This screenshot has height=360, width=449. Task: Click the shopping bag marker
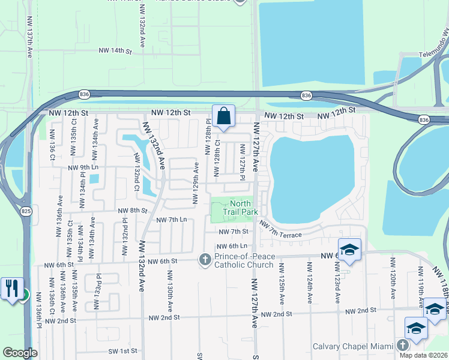(x=223, y=116)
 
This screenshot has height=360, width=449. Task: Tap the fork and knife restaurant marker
(x=10, y=287)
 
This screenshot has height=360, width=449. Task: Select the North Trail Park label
(x=240, y=208)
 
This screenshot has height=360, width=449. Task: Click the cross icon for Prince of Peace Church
(x=204, y=259)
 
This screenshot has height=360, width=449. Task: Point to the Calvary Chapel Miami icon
(x=402, y=345)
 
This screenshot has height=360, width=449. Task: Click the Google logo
(x=20, y=353)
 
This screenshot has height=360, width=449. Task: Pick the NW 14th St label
(x=115, y=52)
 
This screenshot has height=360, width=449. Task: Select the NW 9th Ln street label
(x=83, y=168)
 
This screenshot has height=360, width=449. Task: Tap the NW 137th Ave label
(x=29, y=36)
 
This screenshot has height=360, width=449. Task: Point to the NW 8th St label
(x=132, y=211)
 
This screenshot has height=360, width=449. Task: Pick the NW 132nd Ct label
(x=137, y=179)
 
